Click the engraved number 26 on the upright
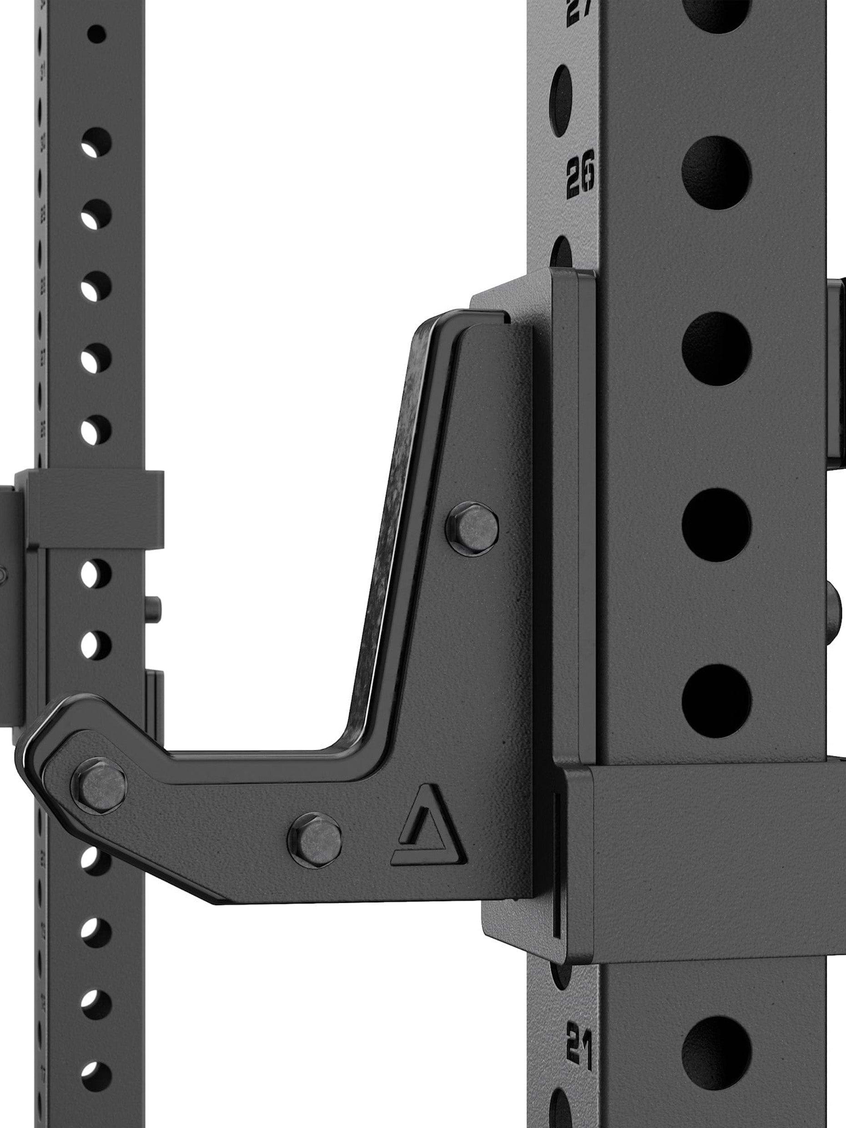[x=580, y=174]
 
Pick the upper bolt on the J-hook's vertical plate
[x=472, y=529]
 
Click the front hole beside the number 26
[x=716, y=173]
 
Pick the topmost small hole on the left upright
[x=96, y=35]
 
